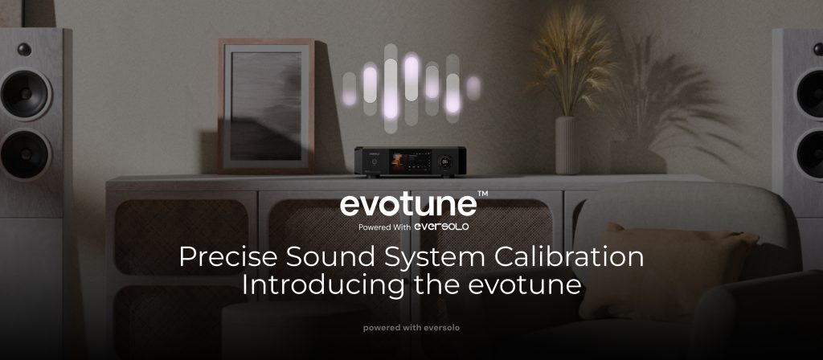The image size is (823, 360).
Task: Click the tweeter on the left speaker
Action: click(24, 49)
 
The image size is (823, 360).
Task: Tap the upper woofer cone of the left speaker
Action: click(24, 95)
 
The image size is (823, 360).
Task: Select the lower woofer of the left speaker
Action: click(24, 154)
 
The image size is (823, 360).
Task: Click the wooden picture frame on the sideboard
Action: click(266, 105)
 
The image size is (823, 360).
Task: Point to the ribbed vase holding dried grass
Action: click(568, 145)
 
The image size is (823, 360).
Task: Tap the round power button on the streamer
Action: click(373, 162)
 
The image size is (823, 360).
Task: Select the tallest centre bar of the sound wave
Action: click(391, 88)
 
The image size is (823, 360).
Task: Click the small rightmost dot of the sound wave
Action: click(473, 88)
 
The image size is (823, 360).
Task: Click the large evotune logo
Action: click(408, 205)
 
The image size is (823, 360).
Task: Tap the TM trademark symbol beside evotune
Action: click(483, 194)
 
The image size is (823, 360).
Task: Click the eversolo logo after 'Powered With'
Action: click(441, 226)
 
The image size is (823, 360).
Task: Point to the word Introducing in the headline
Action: click(323, 285)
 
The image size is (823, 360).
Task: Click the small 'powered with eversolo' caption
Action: click(411, 328)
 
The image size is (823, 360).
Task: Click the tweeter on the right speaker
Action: click(819, 49)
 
